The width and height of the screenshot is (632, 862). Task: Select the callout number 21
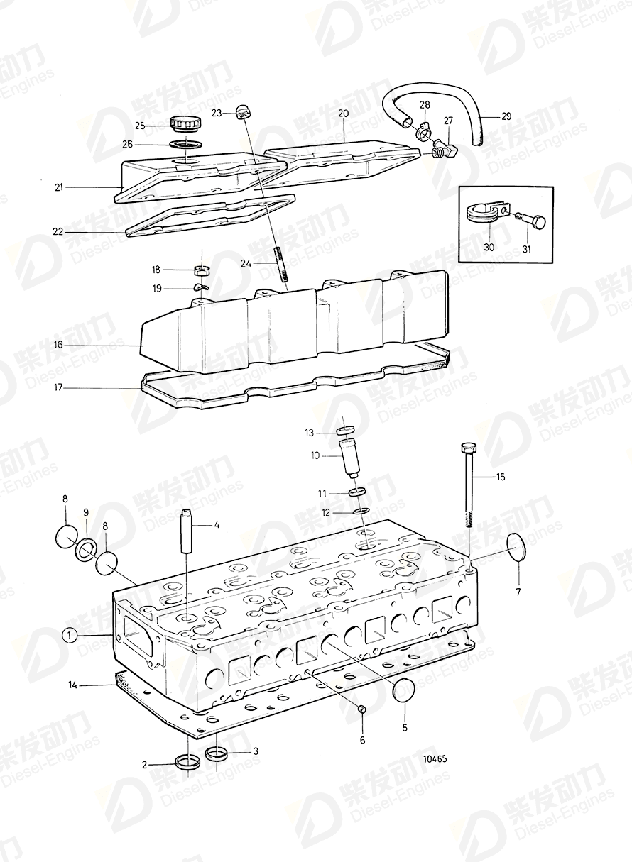tap(59, 187)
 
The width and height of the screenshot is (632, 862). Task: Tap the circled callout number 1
tap(69, 635)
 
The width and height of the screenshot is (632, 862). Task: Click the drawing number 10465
tap(434, 758)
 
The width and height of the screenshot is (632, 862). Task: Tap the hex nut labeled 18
tap(202, 270)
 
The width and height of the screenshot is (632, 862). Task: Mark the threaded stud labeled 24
tap(280, 264)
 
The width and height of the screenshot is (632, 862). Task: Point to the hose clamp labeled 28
tap(423, 128)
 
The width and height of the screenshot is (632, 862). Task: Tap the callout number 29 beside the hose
tap(506, 116)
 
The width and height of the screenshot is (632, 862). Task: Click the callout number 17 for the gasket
tap(59, 387)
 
